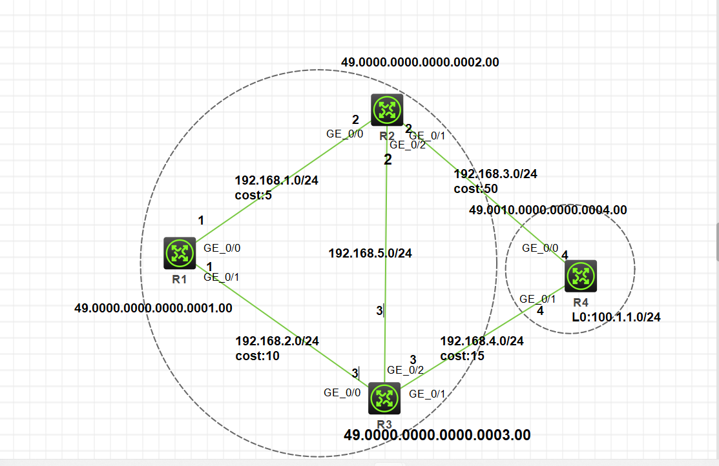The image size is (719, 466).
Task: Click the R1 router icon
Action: (180, 253)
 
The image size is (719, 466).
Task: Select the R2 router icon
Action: (387, 110)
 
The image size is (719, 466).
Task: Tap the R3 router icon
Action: (384, 399)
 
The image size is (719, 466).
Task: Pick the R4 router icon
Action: (581, 276)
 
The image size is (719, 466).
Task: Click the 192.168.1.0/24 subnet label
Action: (276, 181)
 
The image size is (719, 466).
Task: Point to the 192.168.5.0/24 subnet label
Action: (370, 254)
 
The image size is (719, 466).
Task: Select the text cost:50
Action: (475, 188)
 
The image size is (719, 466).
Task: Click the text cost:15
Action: (463, 356)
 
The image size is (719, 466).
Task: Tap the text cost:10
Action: (257, 355)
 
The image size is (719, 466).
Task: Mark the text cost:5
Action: (253, 195)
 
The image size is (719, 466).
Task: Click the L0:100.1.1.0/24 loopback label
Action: (616, 317)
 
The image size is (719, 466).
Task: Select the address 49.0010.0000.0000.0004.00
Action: (548, 210)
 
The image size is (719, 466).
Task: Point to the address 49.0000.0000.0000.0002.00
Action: (420, 63)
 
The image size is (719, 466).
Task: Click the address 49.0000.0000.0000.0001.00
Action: (153, 309)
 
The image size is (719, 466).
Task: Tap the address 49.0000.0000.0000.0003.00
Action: (437, 436)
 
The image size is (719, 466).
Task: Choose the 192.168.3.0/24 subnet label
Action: (495, 174)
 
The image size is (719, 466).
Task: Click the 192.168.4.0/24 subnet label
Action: (482, 341)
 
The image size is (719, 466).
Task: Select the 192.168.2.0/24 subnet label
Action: (276, 341)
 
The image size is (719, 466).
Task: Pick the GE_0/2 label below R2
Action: (408, 145)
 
